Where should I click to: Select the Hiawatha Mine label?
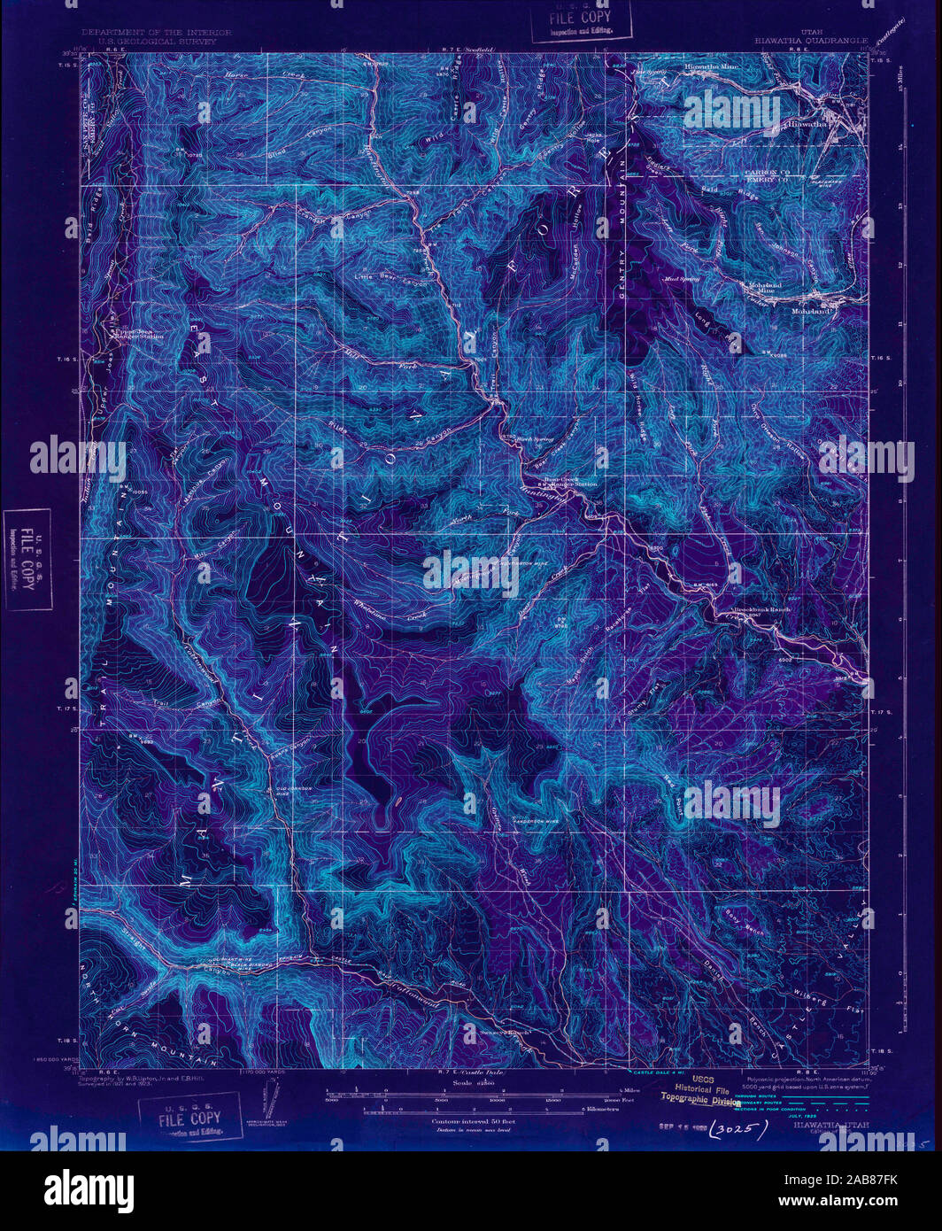pos(715,66)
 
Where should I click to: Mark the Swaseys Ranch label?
pos(503,1032)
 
